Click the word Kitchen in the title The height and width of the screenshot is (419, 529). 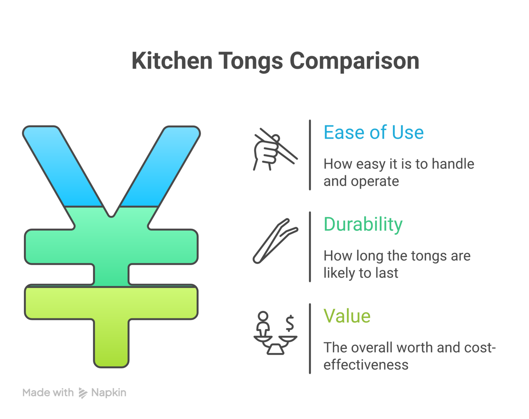pos(171,61)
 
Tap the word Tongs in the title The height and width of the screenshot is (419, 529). pos(250,61)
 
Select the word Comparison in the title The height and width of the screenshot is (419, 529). pos(354,61)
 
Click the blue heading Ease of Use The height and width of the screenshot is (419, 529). pos(373,133)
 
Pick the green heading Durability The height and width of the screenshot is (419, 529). pos(363,224)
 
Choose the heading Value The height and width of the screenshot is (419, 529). pos(347,316)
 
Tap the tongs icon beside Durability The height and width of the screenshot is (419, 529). pos(275,241)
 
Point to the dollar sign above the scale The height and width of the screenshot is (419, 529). pos(289,323)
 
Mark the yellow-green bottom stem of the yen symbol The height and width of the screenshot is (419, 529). pos(111,342)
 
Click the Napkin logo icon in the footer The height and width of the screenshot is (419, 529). pos(83,393)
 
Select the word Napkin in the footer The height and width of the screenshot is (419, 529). pos(109,393)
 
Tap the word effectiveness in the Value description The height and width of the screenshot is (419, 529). pos(366,365)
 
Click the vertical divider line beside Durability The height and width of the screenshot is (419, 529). pos(310,247)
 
